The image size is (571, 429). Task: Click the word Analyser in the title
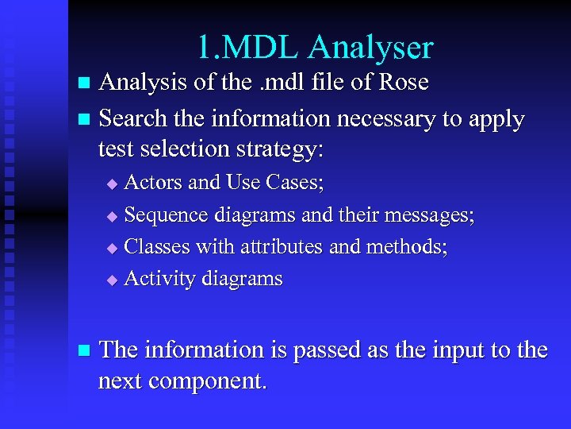click(x=370, y=48)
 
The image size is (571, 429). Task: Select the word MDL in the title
click(x=261, y=48)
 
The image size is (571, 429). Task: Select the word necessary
click(x=386, y=119)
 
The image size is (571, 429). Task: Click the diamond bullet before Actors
click(x=112, y=184)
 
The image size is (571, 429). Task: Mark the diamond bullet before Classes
click(x=112, y=248)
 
